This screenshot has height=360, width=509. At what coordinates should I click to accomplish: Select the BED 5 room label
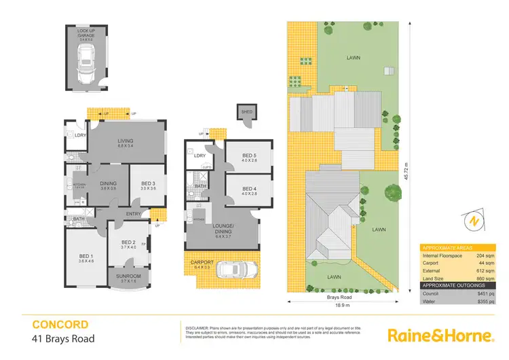click(250, 157)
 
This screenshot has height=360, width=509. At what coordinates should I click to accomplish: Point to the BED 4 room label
click(250, 189)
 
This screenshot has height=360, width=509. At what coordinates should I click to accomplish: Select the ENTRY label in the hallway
click(133, 215)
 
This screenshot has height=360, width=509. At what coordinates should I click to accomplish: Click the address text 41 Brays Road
click(62, 338)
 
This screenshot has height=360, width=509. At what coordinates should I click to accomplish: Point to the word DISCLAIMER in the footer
click(197, 327)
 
